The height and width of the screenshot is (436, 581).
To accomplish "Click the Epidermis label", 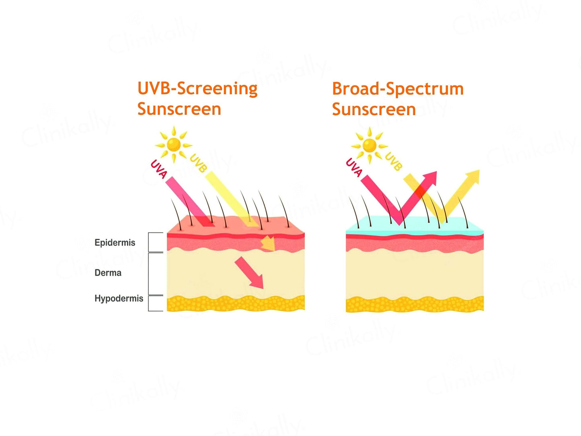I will coord(115,243).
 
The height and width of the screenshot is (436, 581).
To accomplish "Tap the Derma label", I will coord(108,273).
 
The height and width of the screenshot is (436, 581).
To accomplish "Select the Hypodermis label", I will coord(119,298).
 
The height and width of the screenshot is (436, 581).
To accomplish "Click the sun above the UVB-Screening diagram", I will coord(174,144).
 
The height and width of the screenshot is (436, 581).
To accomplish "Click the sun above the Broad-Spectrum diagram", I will coord(369,145).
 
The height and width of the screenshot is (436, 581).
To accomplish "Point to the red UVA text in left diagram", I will coord(158,169).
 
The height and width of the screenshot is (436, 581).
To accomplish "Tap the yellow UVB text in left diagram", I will coord(198,163).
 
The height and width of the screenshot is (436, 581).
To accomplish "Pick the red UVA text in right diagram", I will coord(354,167).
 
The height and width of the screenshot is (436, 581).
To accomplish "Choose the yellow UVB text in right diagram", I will coord(393,161).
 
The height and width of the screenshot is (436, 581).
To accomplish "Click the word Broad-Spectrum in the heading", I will coord(397,89).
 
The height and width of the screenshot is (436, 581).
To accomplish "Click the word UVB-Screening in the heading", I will coord(197,88).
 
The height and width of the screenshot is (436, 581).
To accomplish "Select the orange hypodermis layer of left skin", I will coord(236,304).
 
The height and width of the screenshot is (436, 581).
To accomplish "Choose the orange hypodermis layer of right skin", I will coord(414,304).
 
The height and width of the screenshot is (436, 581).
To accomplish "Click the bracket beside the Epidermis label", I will coord(155,242).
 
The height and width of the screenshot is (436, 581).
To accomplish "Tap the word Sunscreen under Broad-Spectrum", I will coord(374,109).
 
